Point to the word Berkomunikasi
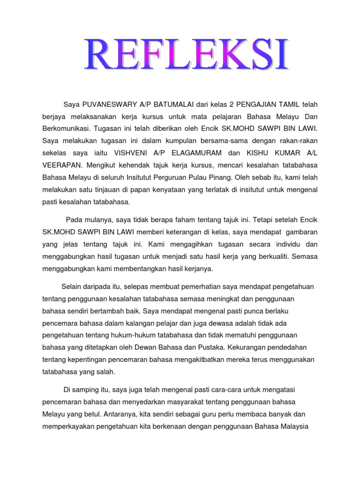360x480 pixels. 67,128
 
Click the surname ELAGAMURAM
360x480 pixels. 197,153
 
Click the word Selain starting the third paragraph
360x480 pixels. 72,286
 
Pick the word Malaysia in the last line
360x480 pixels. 293,427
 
